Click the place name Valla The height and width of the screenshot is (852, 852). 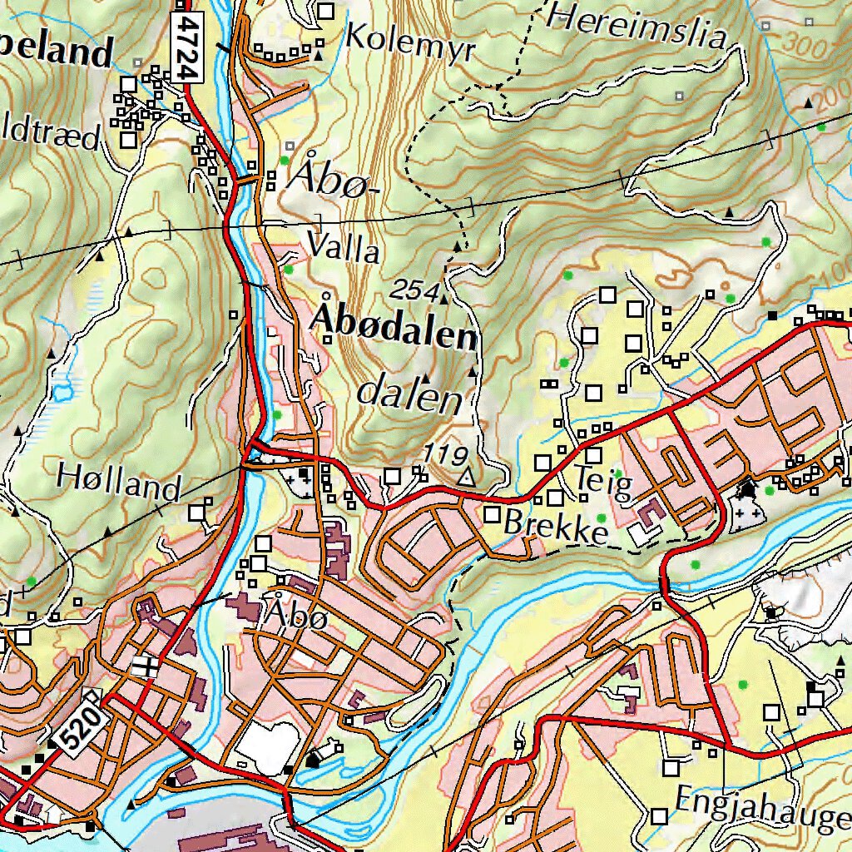pos(344,249)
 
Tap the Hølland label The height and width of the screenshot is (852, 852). pos(118,482)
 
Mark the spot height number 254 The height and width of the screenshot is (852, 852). pos(414,290)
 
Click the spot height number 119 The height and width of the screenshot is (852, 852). pos(443,455)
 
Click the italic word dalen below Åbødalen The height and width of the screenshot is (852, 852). pos(409,394)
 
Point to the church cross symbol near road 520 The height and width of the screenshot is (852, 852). pos(146,666)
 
